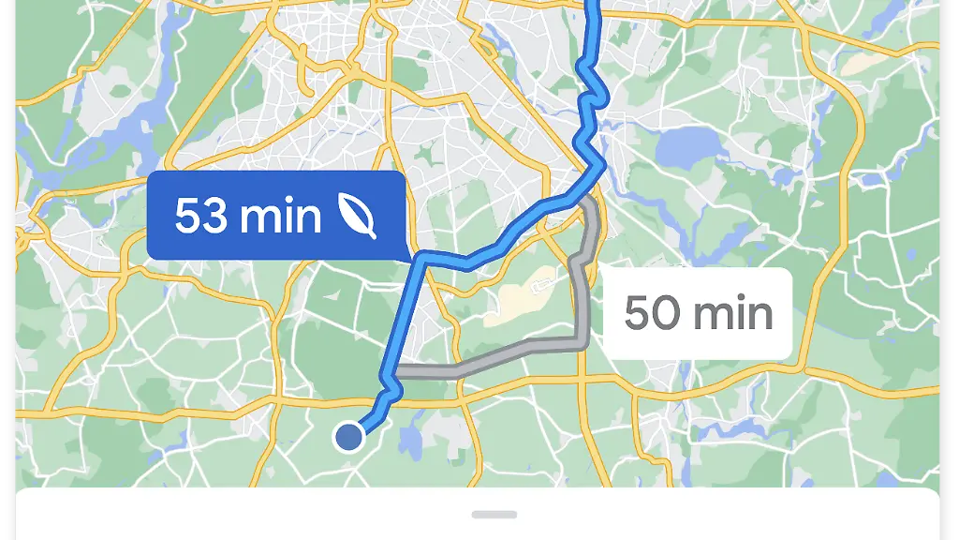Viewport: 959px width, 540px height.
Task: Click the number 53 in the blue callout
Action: pos(201,217)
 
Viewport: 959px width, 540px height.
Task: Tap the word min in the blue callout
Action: pos(279,217)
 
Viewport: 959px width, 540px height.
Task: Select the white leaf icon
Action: pos(358,217)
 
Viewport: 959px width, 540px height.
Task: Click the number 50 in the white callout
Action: pos(652,313)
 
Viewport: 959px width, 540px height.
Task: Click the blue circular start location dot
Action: pos(349,436)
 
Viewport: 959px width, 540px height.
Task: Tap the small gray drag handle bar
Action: pos(494,514)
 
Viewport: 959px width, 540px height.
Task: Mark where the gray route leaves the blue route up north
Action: pos(583,200)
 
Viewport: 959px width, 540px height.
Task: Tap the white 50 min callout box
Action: pos(698,313)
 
